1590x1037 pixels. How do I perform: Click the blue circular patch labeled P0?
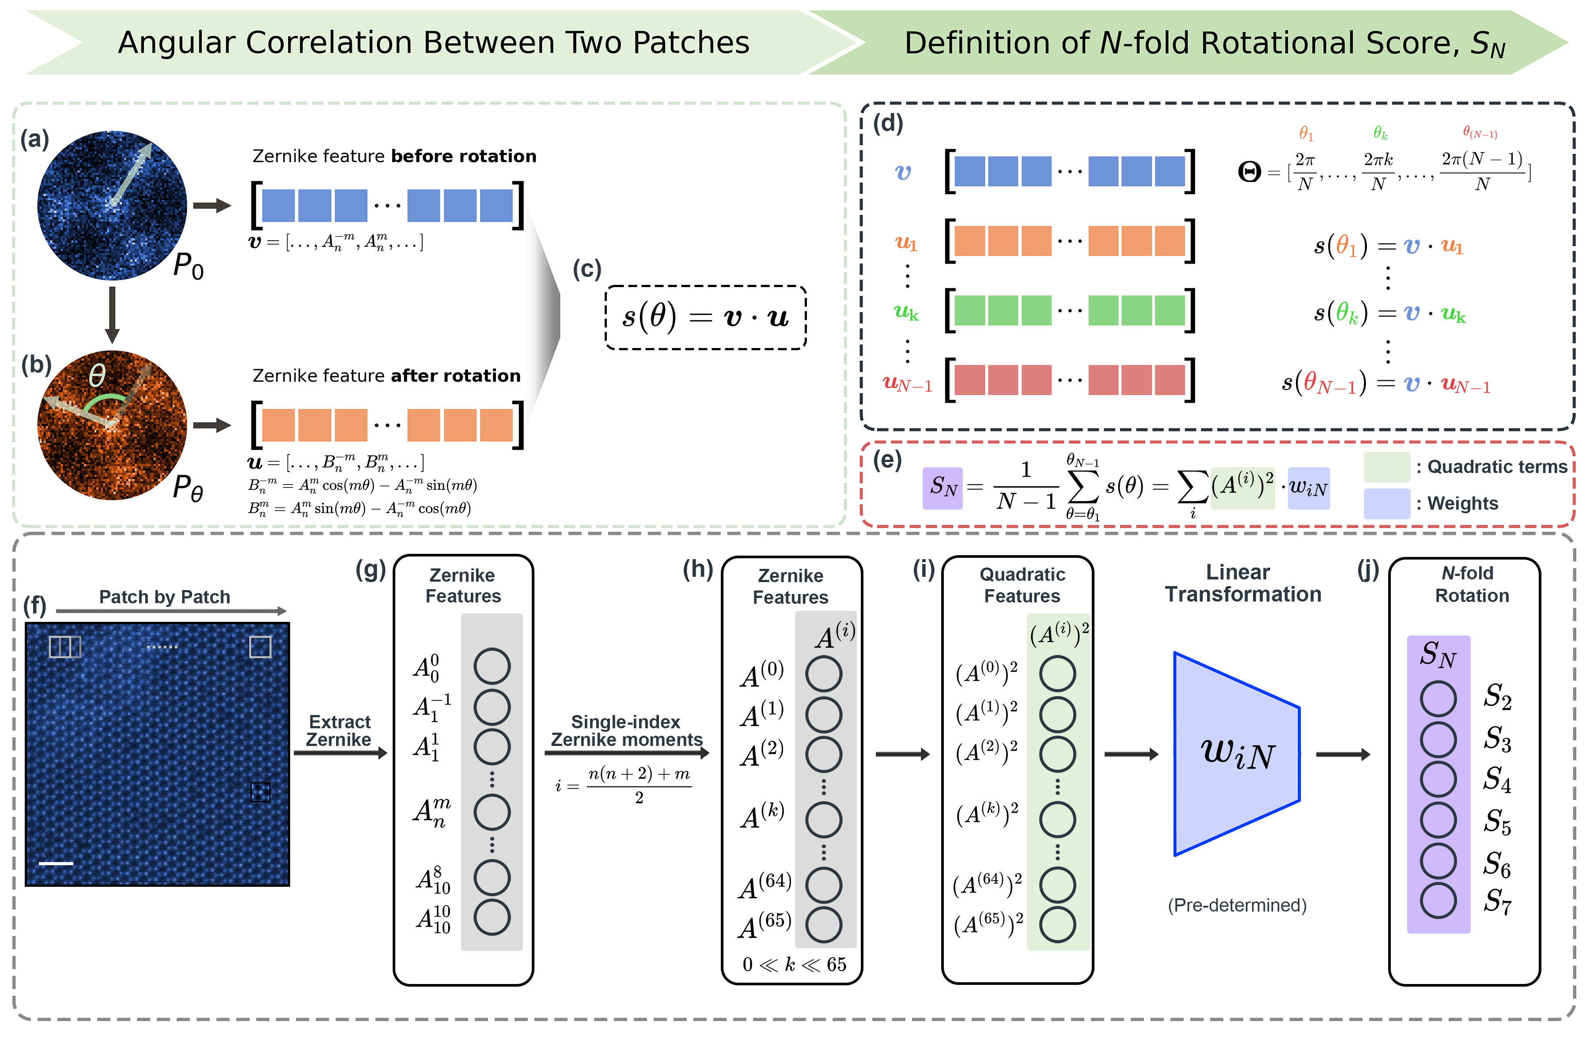click(x=112, y=205)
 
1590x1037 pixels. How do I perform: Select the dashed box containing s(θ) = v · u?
click(x=705, y=318)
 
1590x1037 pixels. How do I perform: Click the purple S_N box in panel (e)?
click(x=943, y=488)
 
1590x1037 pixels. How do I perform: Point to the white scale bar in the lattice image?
click(x=56, y=863)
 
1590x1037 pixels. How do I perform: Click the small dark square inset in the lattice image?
click(x=260, y=792)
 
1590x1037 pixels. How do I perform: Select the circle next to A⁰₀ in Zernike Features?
click(x=492, y=666)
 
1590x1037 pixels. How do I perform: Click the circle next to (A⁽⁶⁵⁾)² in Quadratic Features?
click(x=1057, y=925)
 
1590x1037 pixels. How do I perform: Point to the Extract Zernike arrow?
click(x=341, y=753)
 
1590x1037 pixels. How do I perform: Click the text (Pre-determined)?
click(x=1237, y=905)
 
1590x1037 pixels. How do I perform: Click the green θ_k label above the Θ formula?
click(x=1380, y=133)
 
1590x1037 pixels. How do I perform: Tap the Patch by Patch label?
click(x=164, y=597)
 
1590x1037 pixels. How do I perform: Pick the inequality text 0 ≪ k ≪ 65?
click(x=794, y=964)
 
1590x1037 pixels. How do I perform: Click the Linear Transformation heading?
click(x=1242, y=583)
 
